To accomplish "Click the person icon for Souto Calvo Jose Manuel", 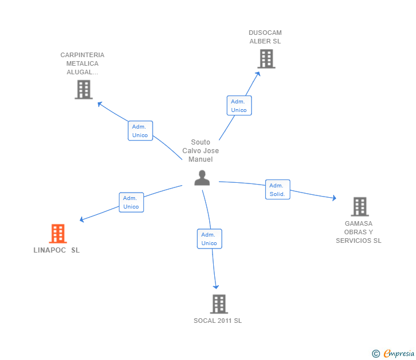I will [202, 178].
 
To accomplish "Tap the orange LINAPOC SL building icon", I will [58, 233].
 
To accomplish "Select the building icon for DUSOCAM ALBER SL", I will [266, 58].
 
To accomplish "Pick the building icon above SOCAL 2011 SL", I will [219, 304].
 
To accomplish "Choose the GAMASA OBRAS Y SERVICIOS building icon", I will [359, 206].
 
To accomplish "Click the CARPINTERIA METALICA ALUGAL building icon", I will [83, 89].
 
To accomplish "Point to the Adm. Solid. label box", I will [278, 190].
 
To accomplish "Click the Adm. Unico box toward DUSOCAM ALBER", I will [239, 106].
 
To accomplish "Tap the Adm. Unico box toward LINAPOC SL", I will [131, 202].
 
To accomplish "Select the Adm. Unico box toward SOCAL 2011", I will [209, 239].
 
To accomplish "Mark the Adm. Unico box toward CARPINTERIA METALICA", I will [140, 131].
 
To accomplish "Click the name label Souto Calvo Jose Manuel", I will [201, 151].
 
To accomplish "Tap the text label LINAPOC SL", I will [57, 250].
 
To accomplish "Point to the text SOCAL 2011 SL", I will [218, 321].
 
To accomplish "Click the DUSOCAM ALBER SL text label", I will [265, 37].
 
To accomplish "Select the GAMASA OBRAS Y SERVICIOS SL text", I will [358, 232].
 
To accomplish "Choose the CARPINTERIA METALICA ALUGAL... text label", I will [82, 63].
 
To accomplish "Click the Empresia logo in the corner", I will [399, 354].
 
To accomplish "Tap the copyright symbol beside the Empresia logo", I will [375, 354].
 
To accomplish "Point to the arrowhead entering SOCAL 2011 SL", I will [216, 286].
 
